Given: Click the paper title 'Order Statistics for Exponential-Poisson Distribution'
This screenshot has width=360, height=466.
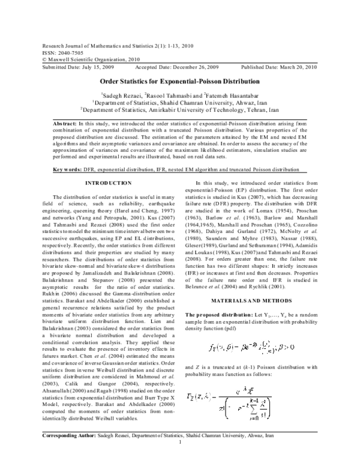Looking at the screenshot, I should point(179,81).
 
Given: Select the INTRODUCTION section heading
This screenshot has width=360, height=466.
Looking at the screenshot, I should point(109,182).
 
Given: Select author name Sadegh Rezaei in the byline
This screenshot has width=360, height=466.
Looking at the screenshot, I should point(125,94).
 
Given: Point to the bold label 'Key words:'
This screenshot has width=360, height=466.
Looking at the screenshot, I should point(67,170).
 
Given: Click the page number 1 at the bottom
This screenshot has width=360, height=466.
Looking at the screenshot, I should point(180,460).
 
